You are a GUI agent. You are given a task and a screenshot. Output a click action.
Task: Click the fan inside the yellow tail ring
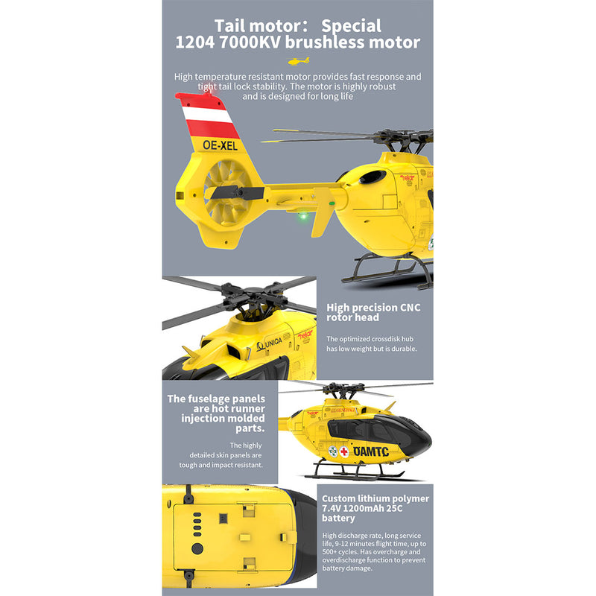[223, 193]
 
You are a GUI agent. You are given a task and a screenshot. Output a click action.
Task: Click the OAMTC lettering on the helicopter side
[371, 451]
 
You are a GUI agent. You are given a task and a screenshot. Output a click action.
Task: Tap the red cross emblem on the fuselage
[344, 451]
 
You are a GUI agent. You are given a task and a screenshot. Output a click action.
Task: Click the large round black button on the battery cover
[197, 548]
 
